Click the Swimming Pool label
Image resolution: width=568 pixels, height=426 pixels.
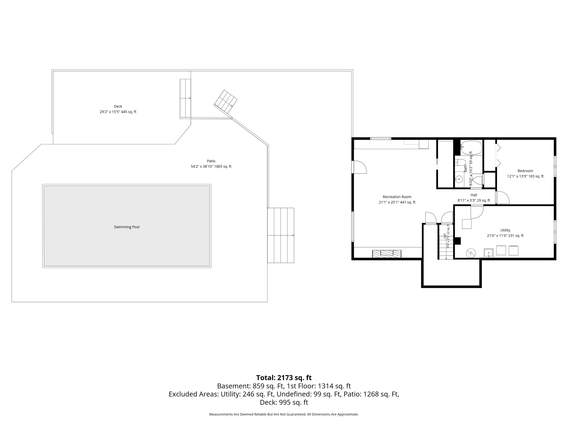126,227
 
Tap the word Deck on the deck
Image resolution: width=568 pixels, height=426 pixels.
118,106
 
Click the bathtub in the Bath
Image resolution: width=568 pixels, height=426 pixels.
471,147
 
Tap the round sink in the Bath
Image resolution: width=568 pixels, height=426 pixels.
459,180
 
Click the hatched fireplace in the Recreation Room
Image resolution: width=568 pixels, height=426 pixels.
387,253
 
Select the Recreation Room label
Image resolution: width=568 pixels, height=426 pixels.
397,197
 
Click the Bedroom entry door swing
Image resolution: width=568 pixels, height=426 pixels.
503,197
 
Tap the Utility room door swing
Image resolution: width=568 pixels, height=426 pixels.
477,212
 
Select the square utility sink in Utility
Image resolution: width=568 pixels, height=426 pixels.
489,253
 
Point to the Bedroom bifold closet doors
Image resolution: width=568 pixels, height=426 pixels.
498,155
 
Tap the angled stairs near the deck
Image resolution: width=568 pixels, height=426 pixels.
226,102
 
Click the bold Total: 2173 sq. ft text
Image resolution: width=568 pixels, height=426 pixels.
284,377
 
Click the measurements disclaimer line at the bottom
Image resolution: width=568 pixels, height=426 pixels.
284,414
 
